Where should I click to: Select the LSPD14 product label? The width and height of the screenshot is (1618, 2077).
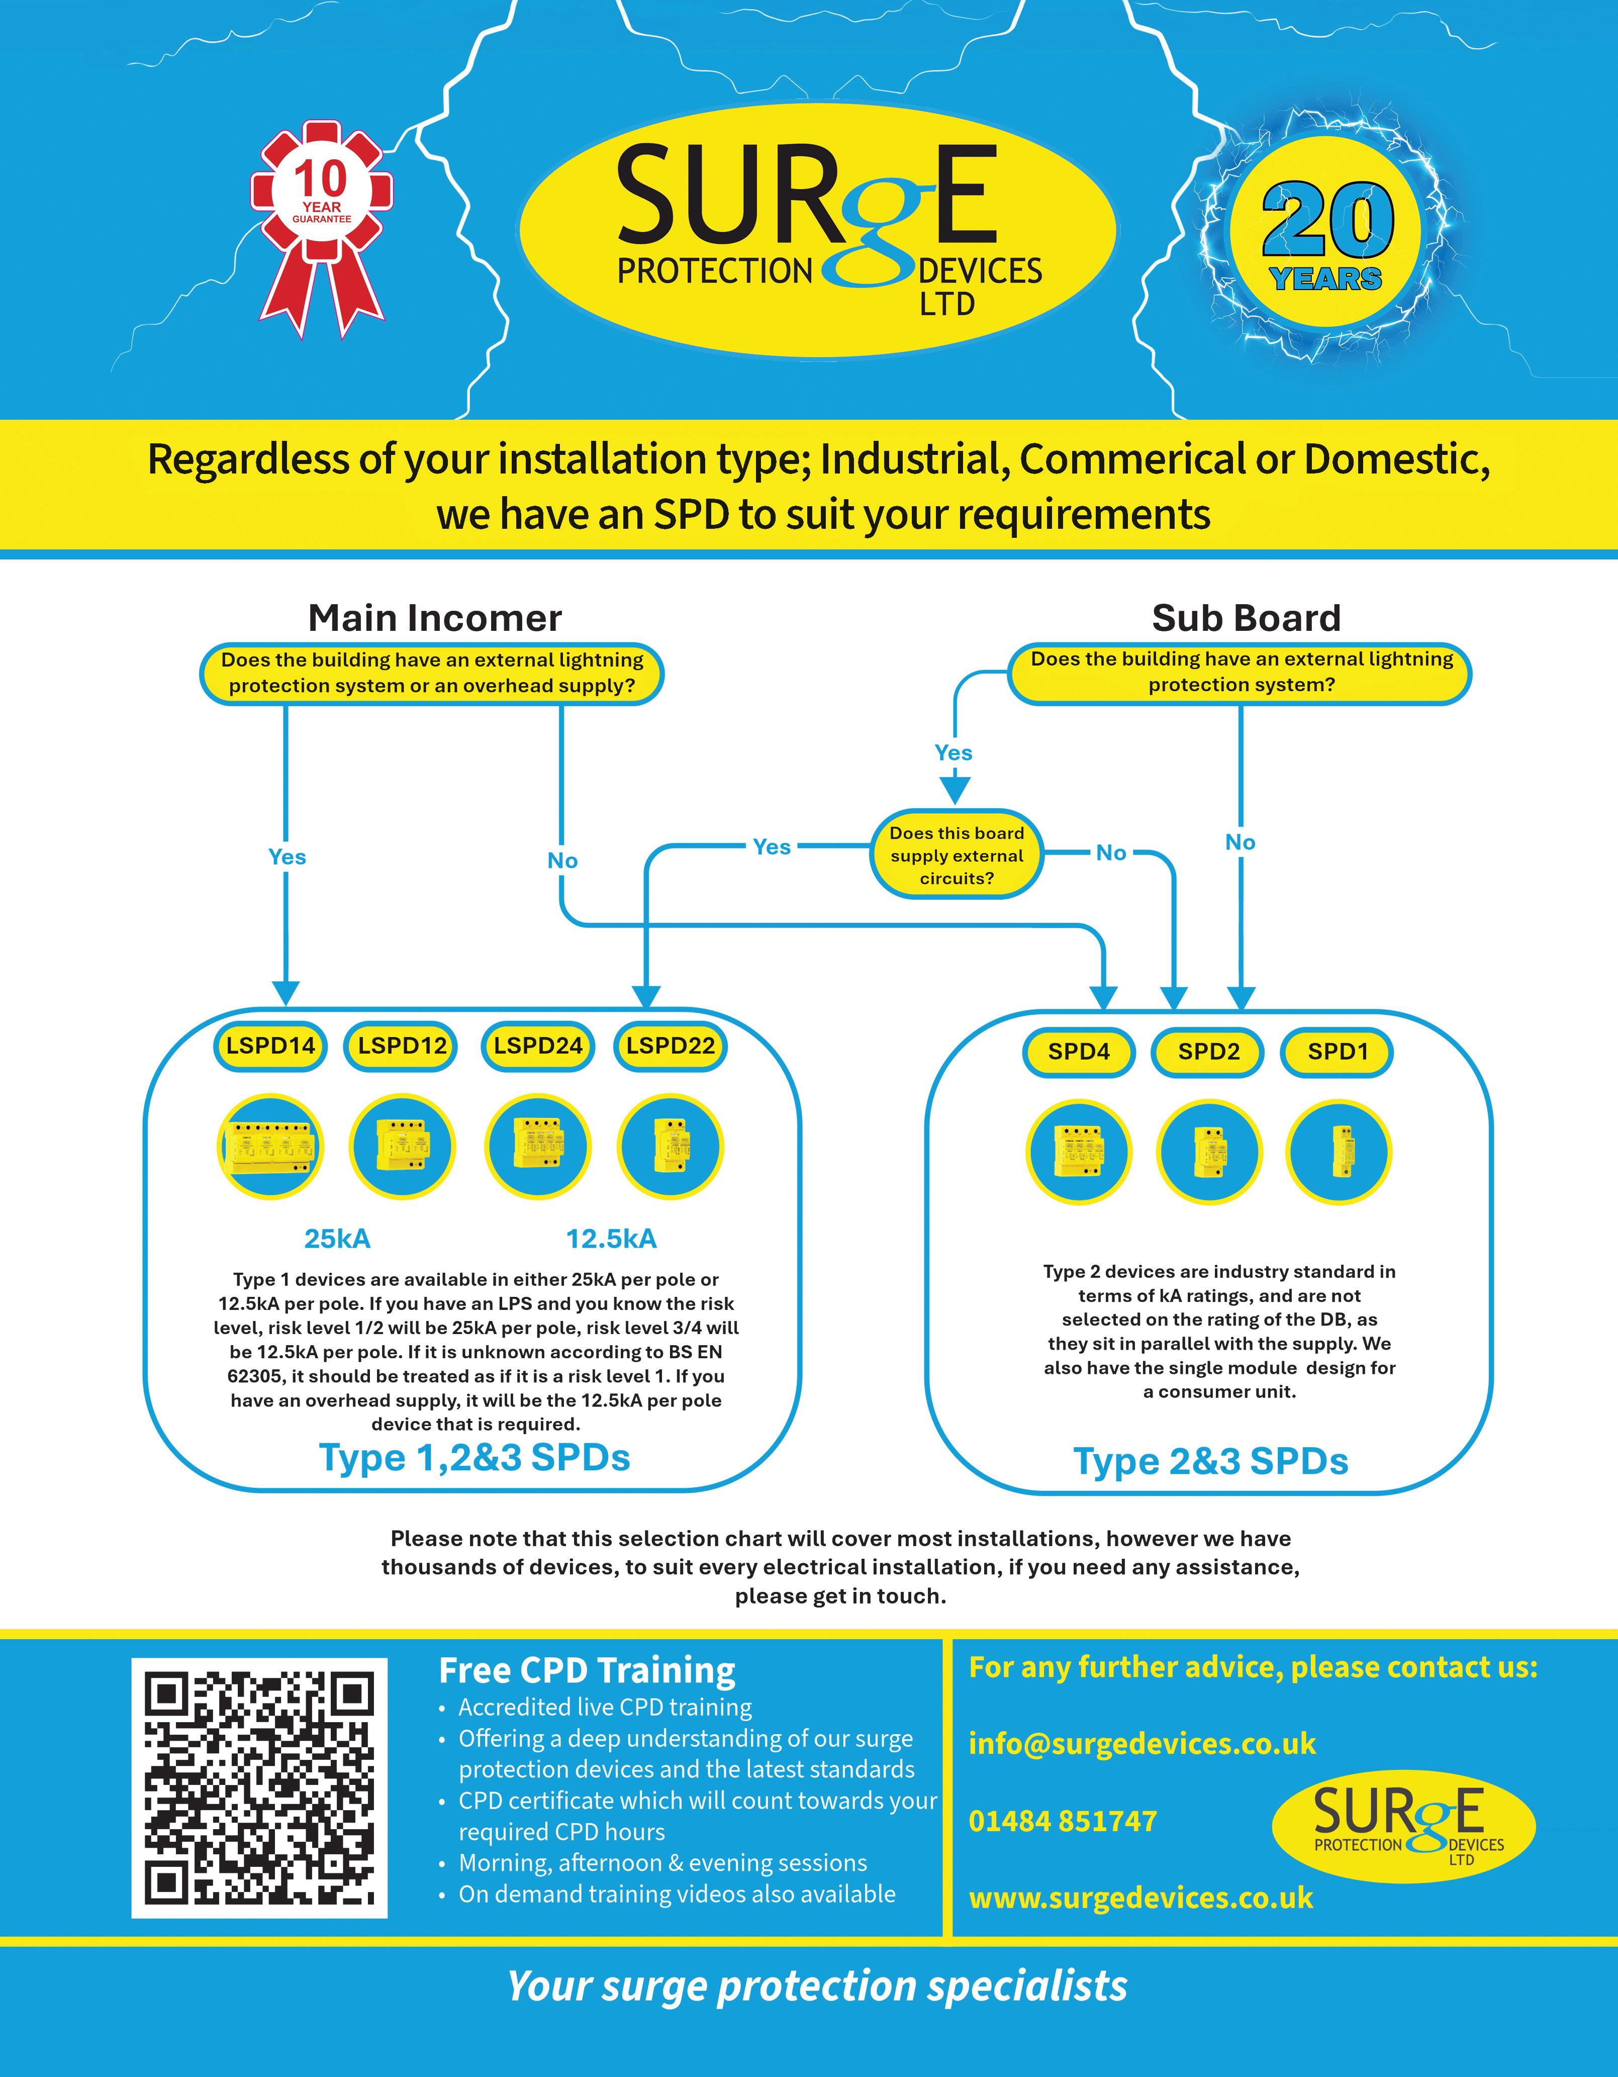(270, 1046)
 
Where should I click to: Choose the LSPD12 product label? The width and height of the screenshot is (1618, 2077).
(402, 1046)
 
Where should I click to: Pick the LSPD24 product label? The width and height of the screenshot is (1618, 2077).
(537, 1046)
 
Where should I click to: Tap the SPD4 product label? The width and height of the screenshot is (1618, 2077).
(1079, 1052)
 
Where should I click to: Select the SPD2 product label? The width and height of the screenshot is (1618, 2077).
(1208, 1052)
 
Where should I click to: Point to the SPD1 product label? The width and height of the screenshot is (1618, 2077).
(1338, 1052)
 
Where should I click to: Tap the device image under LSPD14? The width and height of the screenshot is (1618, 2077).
(270, 1146)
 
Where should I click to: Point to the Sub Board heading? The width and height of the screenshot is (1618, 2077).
(1246, 618)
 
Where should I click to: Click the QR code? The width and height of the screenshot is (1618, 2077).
(260, 1788)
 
